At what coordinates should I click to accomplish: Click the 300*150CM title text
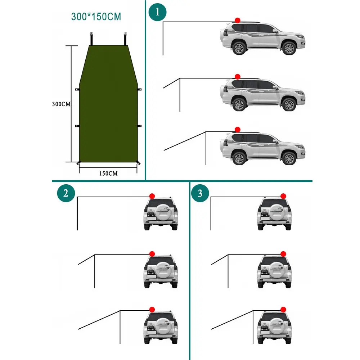[96, 16]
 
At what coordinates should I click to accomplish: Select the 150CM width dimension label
[108, 173]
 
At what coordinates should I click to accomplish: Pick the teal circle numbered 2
[66, 193]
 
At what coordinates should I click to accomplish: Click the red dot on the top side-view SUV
[237, 21]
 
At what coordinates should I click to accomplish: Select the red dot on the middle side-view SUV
[237, 77]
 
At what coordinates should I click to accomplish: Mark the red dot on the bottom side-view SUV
[237, 129]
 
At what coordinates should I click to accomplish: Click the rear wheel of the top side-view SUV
[238, 48]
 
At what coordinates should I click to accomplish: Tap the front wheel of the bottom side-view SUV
[288, 158]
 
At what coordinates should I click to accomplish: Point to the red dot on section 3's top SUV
[283, 196]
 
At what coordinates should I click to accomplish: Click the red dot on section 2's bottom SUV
[152, 309]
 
